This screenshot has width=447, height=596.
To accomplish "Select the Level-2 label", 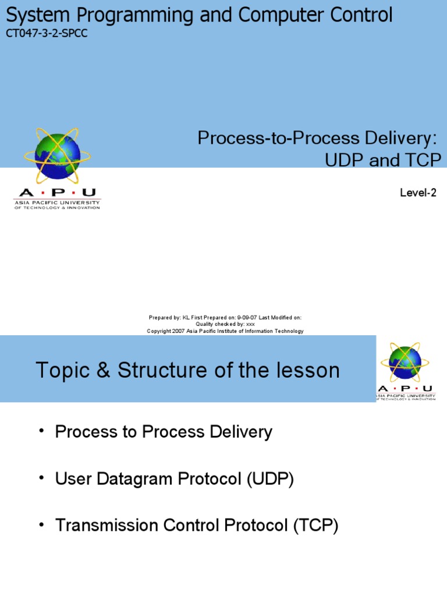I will pos(417,193).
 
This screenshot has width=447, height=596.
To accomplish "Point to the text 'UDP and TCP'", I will pos(382,160).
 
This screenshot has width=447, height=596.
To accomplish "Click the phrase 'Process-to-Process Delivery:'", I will pos(317,138).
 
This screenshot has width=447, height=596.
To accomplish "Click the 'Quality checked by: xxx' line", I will pos(225,324).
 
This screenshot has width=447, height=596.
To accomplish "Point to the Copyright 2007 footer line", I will pos(225,331).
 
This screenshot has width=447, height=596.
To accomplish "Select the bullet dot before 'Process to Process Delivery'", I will pos(41,430).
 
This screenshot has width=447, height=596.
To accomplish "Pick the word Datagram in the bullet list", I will pos(134,480).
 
